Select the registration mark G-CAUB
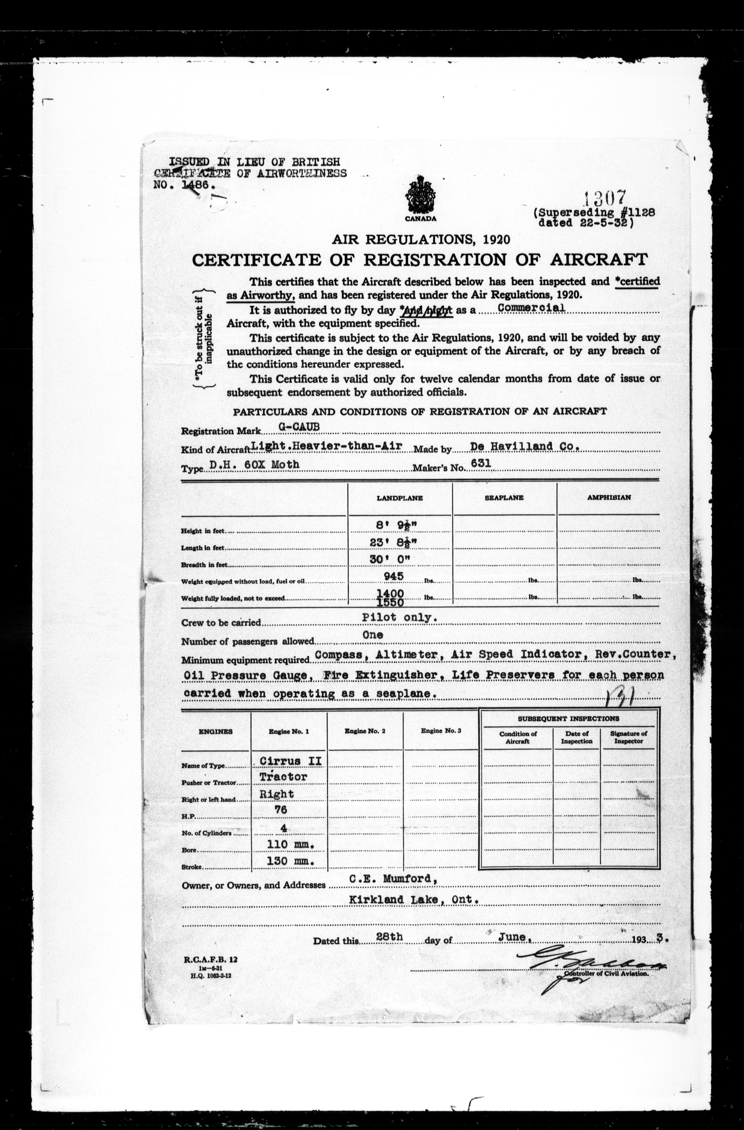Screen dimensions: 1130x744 (x=299, y=426)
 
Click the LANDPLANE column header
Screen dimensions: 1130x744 (x=400, y=498)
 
